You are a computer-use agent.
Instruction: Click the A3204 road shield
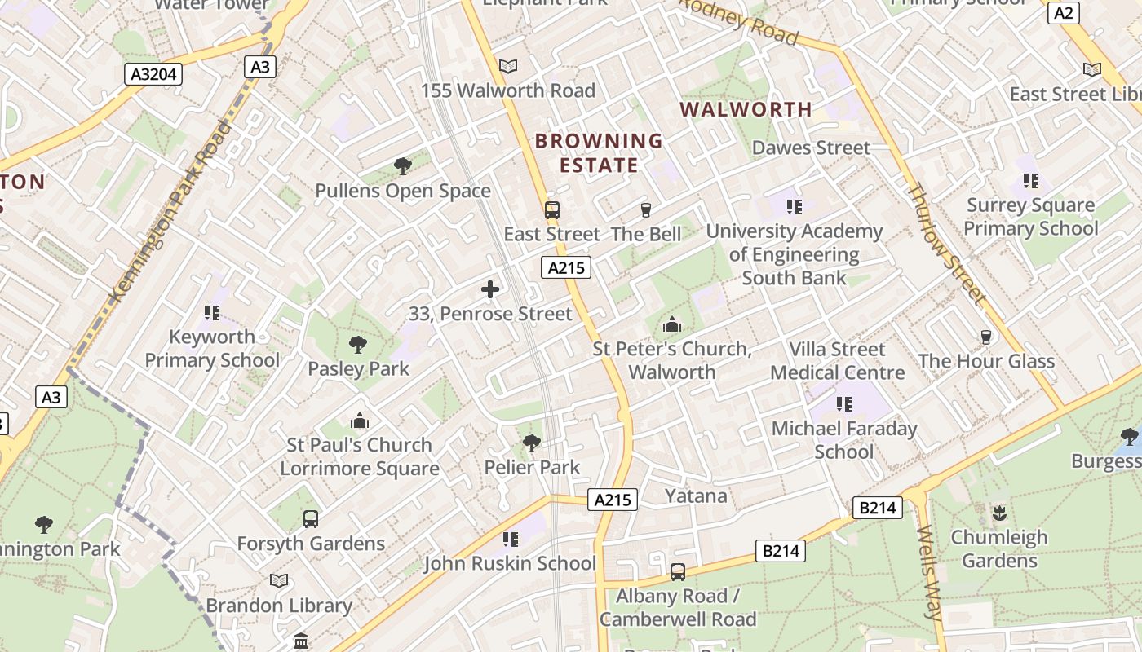click(x=154, y=74)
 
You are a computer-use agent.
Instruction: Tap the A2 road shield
click(x=1064, y=13)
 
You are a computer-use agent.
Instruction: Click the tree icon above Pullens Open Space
click(x=402, y=167)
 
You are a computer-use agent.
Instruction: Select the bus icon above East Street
click(x=552, y=210)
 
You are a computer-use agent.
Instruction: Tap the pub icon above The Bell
click(x=646, y=210)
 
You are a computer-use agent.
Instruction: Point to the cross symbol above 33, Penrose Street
click(x=490, y=289)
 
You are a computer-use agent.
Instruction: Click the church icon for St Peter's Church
click(x=672, y=325)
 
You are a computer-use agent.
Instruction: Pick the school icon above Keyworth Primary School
click(x=212, y=312)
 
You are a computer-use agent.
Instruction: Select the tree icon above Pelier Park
click(x=532, y=443)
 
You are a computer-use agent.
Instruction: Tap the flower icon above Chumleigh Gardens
click(x=999, y=513)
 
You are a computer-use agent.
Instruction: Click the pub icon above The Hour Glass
click(x=986, y=337)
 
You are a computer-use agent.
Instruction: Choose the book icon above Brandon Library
click(x=279, y=580)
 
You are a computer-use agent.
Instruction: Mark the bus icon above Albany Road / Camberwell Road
click(x=678, y=572)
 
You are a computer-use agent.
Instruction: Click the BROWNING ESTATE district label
click(x=599, y=152)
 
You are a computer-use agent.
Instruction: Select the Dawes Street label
click(x=811, y=148)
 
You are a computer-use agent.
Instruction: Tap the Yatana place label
click(x=696, y=496)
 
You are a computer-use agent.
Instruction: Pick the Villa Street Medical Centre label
click(x=838, y=361)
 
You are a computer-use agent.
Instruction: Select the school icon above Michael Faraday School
click(x=844, y=404)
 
